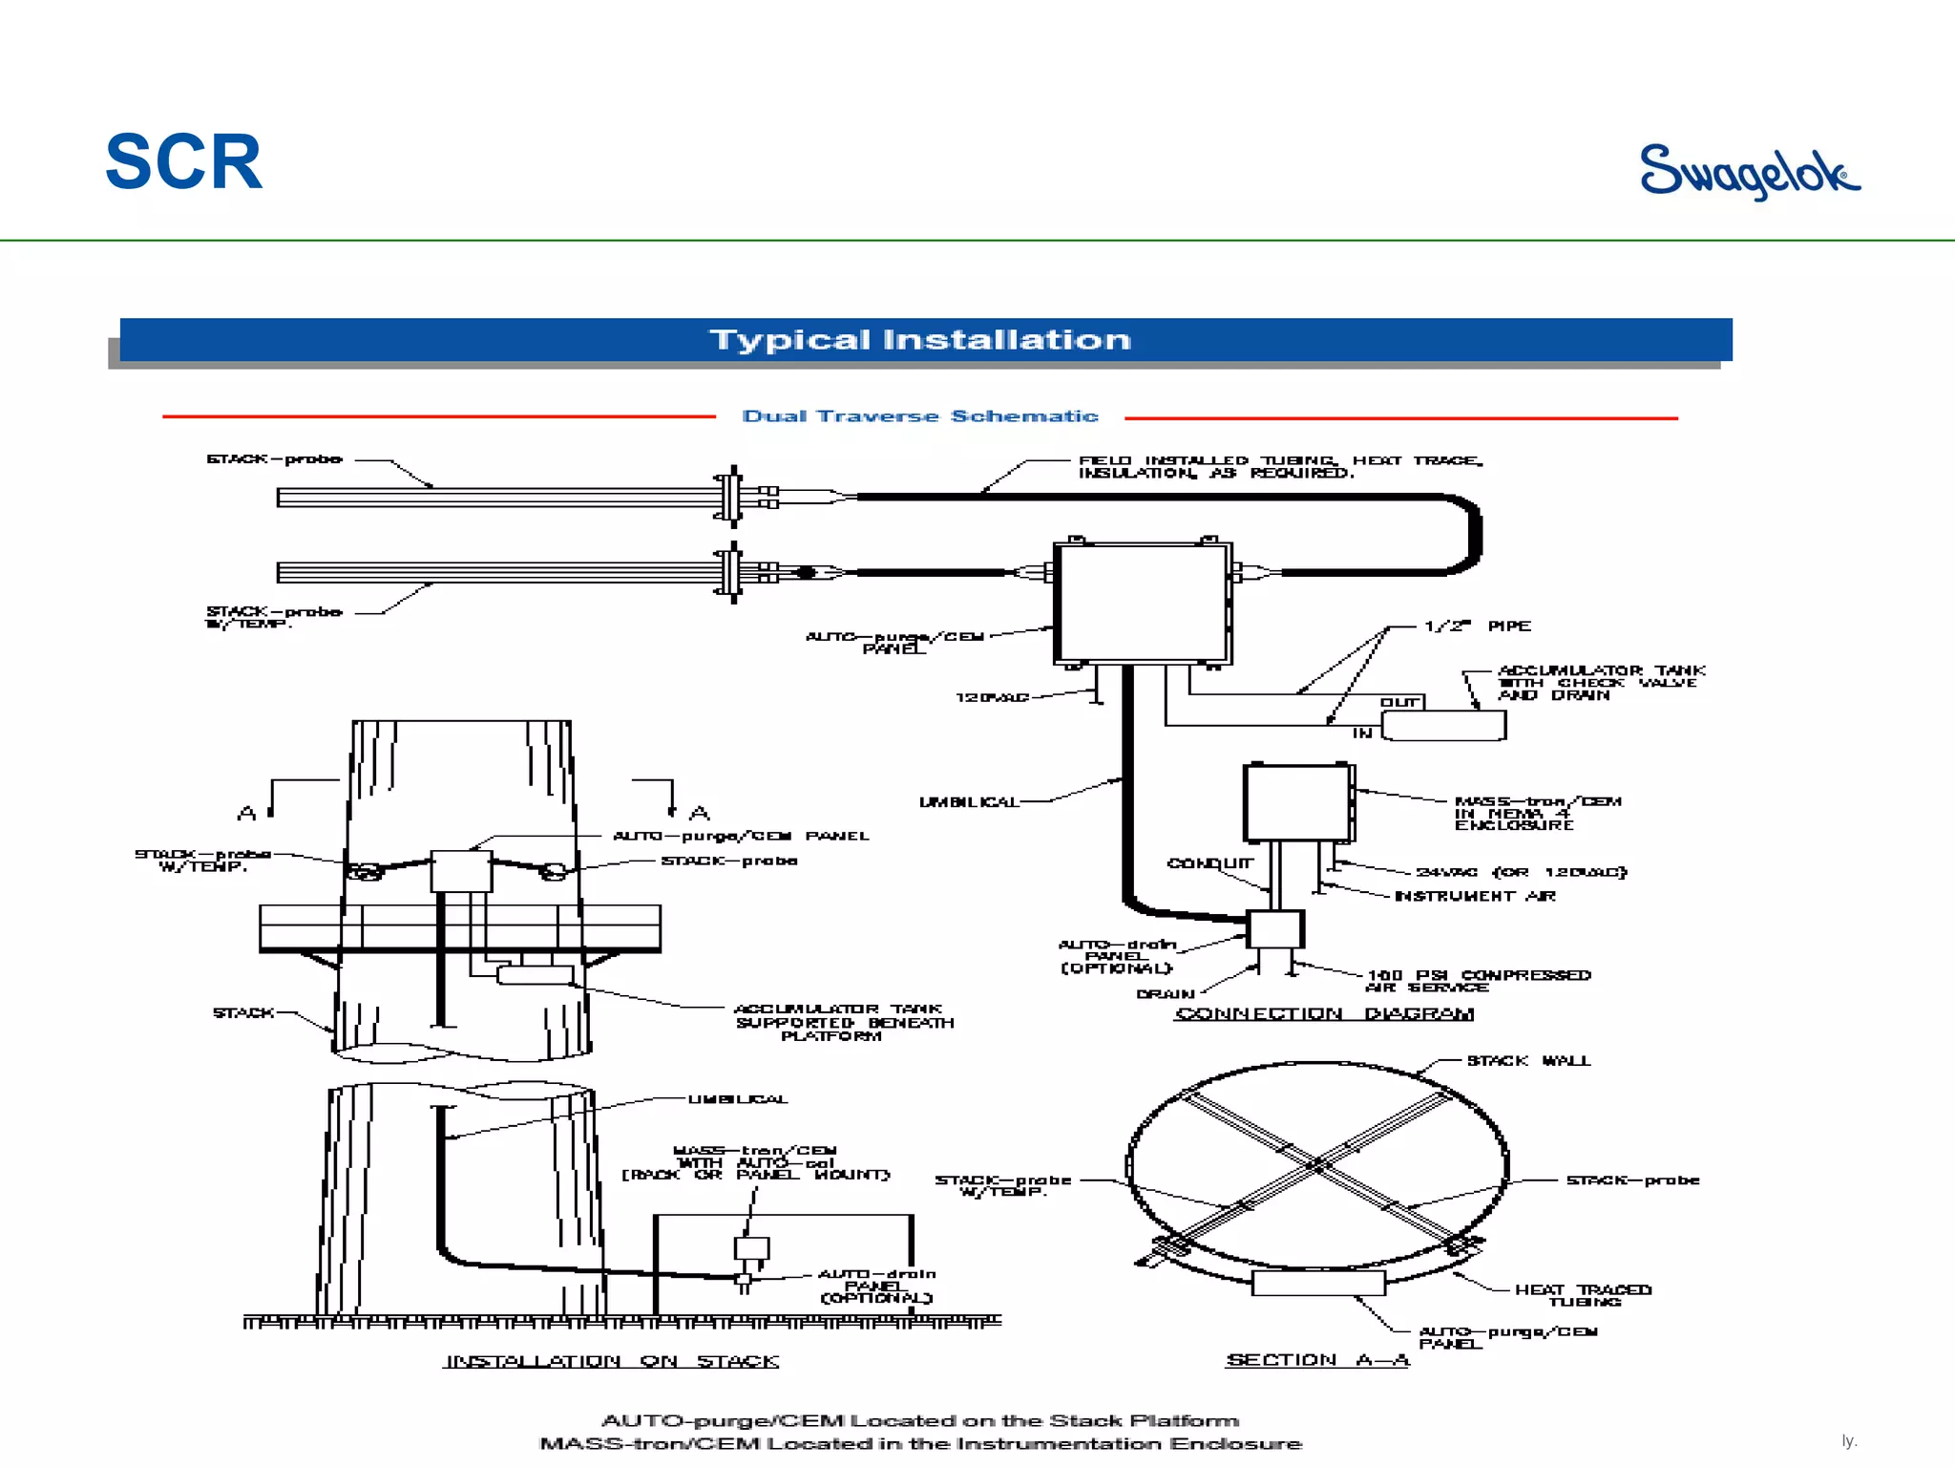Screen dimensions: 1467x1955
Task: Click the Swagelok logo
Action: pyautogui.click(x=1749, y=171)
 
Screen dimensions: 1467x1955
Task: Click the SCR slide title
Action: pyautogui.click(x=183, y=162)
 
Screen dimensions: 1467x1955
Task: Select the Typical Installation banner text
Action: pyautogui.click(x=919, y=340)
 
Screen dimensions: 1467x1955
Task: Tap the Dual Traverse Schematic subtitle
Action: pyautogui.click(x=920, y=416)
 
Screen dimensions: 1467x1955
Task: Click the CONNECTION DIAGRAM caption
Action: pyautogui.click(x=1323, y=1013)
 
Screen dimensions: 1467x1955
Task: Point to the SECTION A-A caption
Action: pyautogui.click(x=1317, y=1359)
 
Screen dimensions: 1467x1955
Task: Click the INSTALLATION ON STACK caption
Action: pyautogui.click(x=611, y=1361)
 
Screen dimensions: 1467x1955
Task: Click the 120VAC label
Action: pyautogui.click(x=992, y=698)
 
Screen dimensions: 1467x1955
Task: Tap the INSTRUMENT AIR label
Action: pyautogui.click(x=1475, y=896)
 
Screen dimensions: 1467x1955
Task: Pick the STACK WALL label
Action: pyautogui.click(x=1528, y=1061)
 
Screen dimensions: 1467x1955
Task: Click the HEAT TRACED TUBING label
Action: pyautogui.click(x=1583, y=1295)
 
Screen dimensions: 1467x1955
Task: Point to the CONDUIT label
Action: pyautogui.click(x=1209, y=863)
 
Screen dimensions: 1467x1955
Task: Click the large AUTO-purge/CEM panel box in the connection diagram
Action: pyautogui.click(x=1142, y=603)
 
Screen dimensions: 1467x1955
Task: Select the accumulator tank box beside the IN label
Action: pyautogui.click(x=1443, y=726)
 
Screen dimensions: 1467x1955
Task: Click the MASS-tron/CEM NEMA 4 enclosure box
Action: pyautogui.click(x=1297, y=802)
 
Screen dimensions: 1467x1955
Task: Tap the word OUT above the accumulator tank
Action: pyautogui.click(x=1399, y=702)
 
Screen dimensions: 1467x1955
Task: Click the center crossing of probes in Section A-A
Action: pyautogui.click(x=1318, y=1165)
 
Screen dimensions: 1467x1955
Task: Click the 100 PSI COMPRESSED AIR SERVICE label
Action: pyautogui.click(x=1478, y=981)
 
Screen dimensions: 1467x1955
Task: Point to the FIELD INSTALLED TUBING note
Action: pyautogui.click(x=1280, y=466)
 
